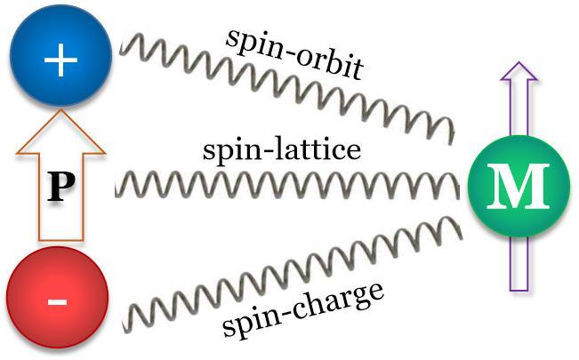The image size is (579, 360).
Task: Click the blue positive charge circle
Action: point(61,55)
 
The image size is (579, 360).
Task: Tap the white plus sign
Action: point(61,60)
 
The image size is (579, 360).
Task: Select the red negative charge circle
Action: point(57,298)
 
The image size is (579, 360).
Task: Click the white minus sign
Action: point(57,303)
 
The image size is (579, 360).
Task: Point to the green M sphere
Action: point(519,187)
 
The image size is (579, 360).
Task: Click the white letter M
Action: point(518,187)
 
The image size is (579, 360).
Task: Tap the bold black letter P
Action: point(61,188)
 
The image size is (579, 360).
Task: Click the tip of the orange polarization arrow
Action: point(61,108)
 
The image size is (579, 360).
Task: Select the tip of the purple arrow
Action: point(519,62)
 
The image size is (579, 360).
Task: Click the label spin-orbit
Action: point(294,54)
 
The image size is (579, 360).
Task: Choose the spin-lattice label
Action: point(282,150)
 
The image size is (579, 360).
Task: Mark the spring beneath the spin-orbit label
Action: point(287,89)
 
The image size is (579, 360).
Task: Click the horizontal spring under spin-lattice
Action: point(287,185)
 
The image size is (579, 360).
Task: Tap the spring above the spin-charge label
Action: point(293,275)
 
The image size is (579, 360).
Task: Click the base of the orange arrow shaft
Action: point(61,241)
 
